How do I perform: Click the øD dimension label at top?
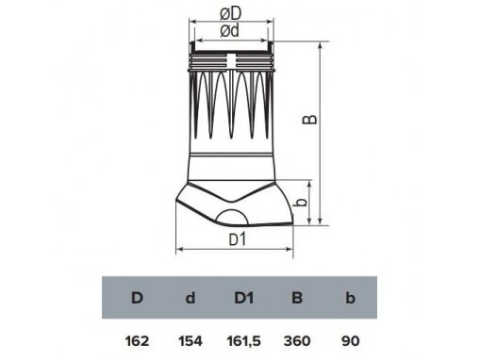230,13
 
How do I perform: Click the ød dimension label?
230,31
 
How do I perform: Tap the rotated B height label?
310,120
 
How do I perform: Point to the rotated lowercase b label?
302,203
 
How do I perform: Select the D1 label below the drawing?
237,239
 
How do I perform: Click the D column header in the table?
137,298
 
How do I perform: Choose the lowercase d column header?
190,298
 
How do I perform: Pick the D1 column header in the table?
244,298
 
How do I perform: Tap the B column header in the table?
297,298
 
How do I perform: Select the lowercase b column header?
350,298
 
